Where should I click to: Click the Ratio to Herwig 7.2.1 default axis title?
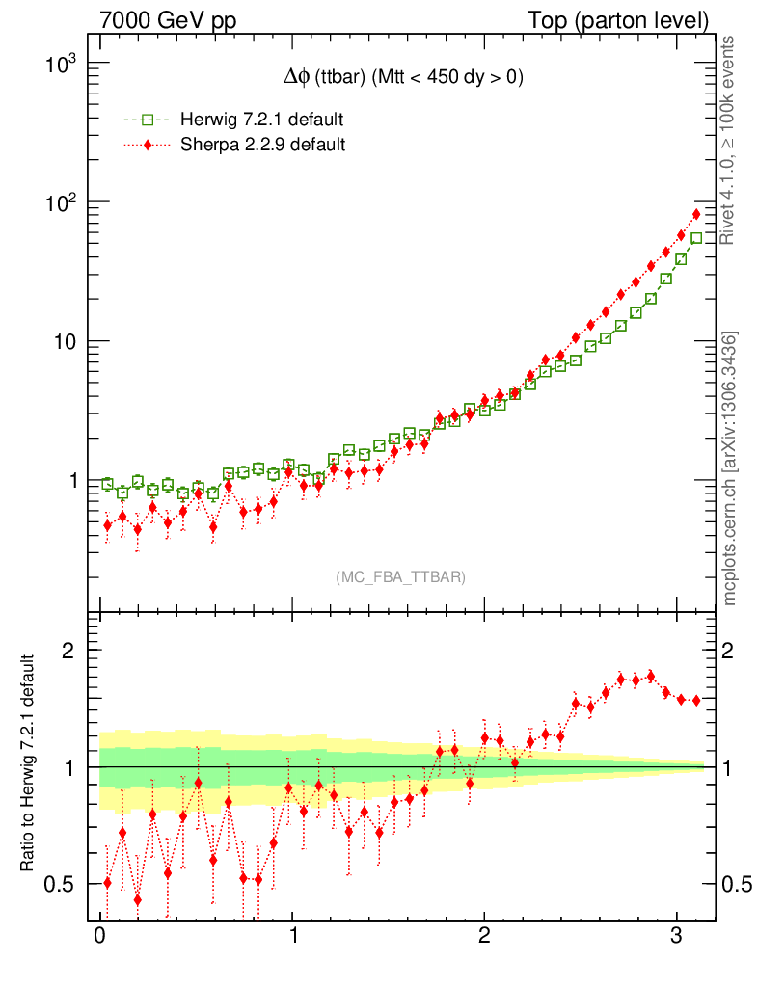click(29, 765)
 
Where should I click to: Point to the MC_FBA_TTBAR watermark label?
click(401, 577)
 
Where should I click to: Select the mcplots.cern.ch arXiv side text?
click(730, 468)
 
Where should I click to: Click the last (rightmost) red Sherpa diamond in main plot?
click(696, 214)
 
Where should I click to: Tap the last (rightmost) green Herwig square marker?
click(696, 238)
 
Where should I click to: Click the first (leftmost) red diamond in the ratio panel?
click(107, 882)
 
